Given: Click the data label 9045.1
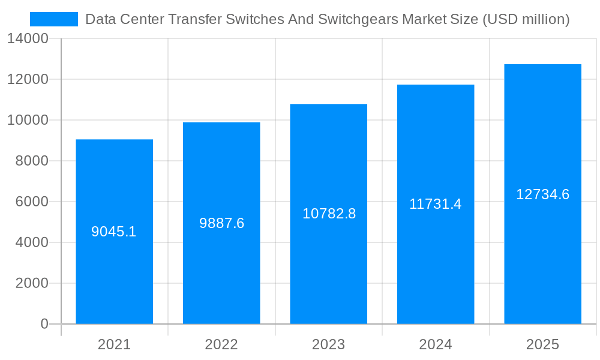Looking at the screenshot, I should point(114,232).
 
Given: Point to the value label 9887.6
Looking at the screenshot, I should point(221,223).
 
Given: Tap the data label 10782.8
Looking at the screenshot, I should point(329,214).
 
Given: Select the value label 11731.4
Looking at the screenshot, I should point(436,204).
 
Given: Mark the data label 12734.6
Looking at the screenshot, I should point(542,194).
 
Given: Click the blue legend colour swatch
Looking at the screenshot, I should point(54,19).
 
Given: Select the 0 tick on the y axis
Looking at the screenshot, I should point(44,324).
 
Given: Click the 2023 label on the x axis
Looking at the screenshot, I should point(328,344).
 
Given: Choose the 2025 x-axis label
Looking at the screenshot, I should point(542,344).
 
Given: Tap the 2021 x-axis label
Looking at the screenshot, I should point(114,344).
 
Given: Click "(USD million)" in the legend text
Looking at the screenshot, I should point(526,19).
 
